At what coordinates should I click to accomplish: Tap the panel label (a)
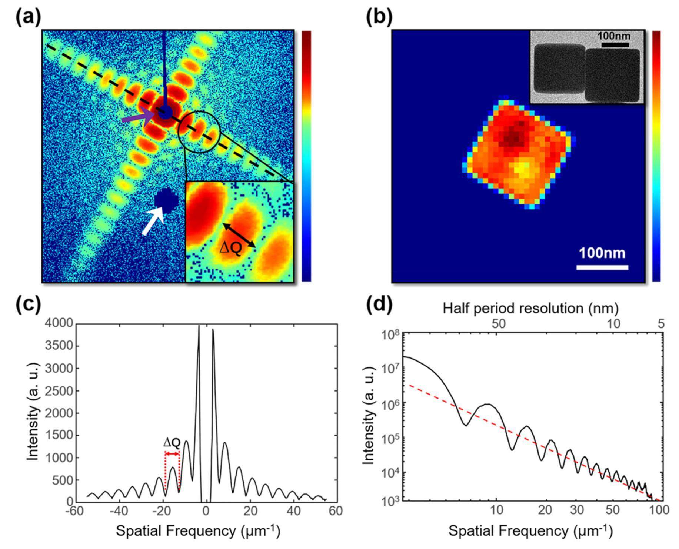coord(28,17)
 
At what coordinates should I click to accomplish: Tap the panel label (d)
coord(379,305)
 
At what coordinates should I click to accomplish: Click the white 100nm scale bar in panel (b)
coord(602,267)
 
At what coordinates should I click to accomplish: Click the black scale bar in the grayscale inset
coord(615,45)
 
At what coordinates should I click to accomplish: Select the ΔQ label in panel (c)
coord(172,442)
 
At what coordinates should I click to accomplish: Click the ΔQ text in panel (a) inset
coord(230,249)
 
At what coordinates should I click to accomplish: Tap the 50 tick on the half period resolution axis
coord(498,324)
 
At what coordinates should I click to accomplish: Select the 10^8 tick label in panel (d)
coord(390,335)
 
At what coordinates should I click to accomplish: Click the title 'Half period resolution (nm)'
coord(530,308)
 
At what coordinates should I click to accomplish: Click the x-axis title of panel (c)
coord(198,531)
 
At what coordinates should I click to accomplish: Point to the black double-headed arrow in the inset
coord(239,235)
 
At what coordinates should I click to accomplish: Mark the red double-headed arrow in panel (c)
coord(172,454)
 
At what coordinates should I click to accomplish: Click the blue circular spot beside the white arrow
coord(166,200)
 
